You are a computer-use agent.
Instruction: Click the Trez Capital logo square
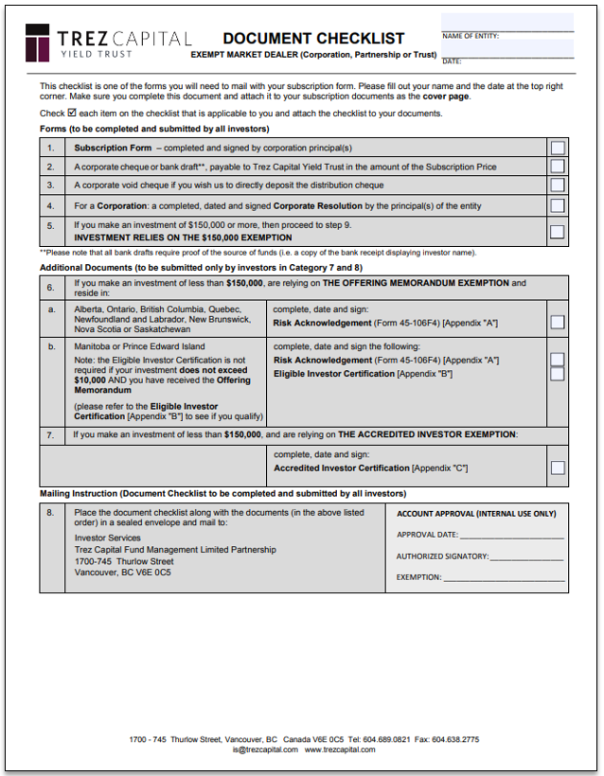[38, 43]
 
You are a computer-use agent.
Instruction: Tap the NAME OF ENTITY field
[507, 23]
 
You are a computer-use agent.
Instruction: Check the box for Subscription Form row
[558, 148]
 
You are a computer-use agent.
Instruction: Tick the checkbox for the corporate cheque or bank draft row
[558, 167]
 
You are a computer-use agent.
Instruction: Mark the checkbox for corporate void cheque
[558, 185]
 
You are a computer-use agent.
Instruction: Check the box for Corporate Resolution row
[558, 205]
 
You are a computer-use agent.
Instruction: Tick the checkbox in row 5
[558, 231]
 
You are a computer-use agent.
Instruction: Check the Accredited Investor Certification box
[558, 467]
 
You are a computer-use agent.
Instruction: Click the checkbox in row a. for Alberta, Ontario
[558, 322]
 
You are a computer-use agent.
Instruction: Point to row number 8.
[51, 512]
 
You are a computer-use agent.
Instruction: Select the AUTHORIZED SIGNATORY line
[526, 556]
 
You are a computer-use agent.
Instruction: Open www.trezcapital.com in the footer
[340, 749]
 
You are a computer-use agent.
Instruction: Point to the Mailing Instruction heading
[222, 493]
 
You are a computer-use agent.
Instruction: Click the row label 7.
[51, 434]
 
